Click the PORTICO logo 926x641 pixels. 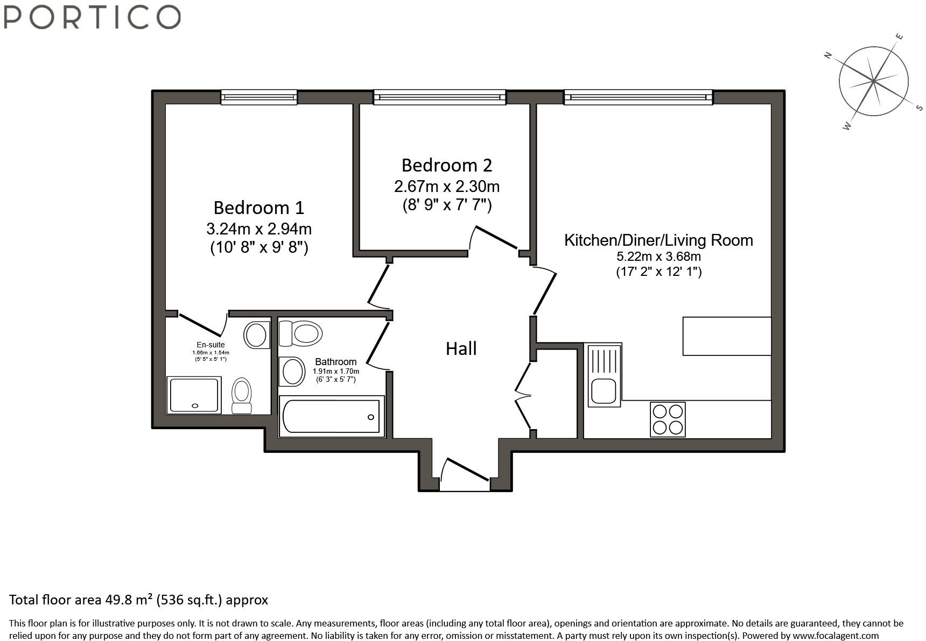pos(92,17)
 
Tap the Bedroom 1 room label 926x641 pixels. pos(258,207)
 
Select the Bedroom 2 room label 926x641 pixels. pos(446,165)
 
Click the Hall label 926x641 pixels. pos(461,348)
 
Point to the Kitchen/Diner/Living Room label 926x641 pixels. pos(658,240)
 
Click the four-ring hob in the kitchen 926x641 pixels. pos(668,419)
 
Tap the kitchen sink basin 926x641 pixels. pos(603,391)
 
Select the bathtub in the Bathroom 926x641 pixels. pos(332,416)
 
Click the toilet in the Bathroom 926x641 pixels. pos(300,333)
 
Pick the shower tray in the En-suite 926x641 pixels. pos(194,395)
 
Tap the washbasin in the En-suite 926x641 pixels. pos(257,335)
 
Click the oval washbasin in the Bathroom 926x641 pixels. pos(292,371)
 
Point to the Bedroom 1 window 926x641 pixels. pos(259,97)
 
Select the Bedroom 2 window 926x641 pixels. pos(440,97)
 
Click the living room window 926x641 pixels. pos(639,97)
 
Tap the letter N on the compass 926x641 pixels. pos(829,54)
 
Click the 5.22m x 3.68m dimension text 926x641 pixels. pos(658,257)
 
